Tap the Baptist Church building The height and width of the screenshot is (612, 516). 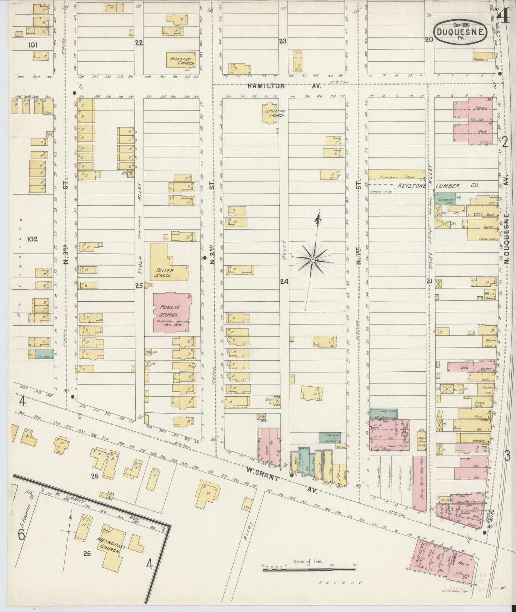[x=181, y=60]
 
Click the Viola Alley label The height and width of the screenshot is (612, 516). [x=140, y=229]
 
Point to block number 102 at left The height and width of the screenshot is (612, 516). [x=32, y=239]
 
